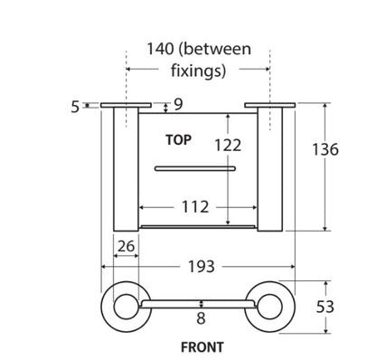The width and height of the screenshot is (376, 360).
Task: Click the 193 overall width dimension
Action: coord(202,267)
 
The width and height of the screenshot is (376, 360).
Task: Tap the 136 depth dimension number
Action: coord(325,149)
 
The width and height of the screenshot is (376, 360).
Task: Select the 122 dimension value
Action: coord(228,146)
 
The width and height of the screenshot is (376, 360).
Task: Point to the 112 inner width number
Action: coord(195,207)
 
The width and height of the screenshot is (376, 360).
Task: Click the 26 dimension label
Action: coord(126,246)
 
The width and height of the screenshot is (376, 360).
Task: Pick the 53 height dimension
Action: coord(325,307)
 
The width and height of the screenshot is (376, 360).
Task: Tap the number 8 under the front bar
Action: coord(201,318)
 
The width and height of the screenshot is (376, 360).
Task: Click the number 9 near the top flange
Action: coord(178,105)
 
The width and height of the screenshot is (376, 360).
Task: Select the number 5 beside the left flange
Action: coord(75,107)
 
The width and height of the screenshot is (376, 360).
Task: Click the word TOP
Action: coord(178,140)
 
